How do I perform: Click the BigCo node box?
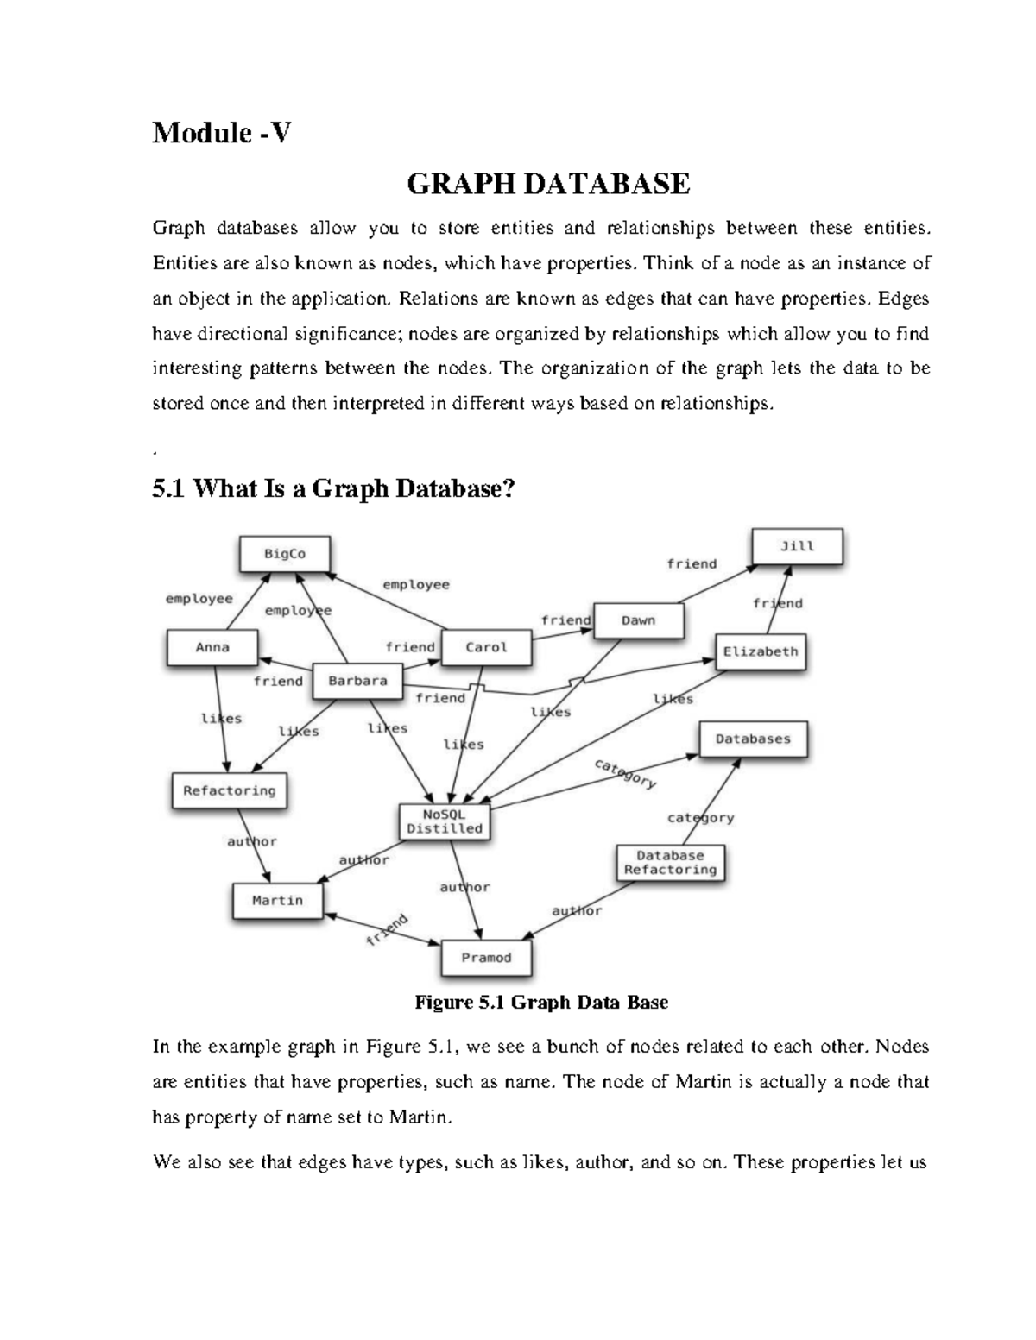(284, 554)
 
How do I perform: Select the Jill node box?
(797, 546)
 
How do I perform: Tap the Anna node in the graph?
(212, 647)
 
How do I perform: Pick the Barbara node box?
(357, 681)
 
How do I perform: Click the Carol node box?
(486, 647)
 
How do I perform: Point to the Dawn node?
(638, 620)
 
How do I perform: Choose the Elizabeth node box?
(760, 651)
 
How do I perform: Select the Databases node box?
(753, 739)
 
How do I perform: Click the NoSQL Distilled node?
(445, 821)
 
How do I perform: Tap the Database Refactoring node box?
(670, 862)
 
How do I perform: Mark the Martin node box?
(277, 901)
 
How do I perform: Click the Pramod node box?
(486, 958)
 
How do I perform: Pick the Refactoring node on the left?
(229, 790)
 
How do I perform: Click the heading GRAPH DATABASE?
(548, 184)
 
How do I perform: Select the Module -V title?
(222, 133)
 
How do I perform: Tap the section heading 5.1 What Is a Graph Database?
(333, 489)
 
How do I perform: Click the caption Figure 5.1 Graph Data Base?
(541, 1002)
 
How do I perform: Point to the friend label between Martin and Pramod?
(386, 929)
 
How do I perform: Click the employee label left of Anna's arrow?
(199, 599)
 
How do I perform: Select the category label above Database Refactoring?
(700, 817)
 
